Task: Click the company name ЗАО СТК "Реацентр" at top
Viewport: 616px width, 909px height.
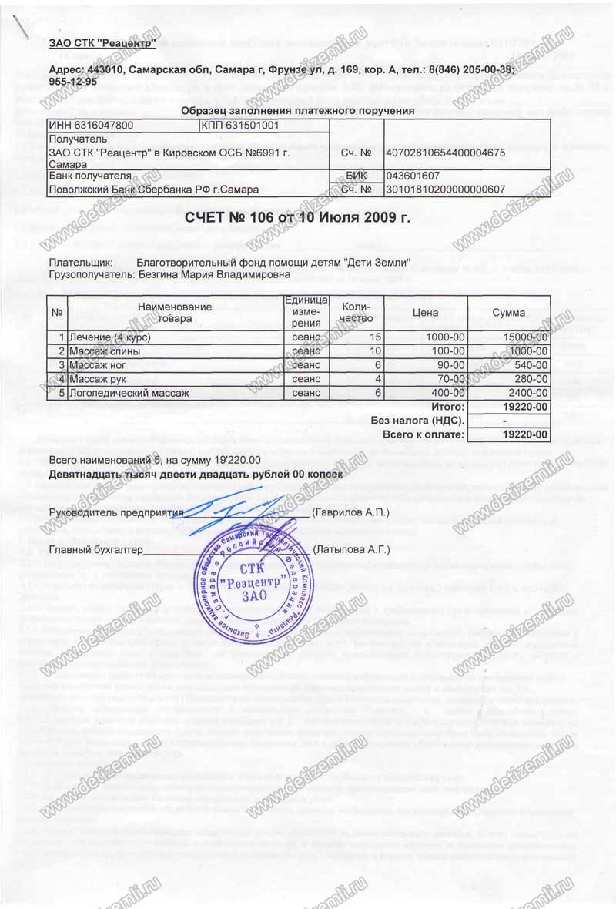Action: click(102, 43)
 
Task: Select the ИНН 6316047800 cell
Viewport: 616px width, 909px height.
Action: click(91, 125)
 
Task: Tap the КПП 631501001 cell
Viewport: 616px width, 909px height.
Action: click(239, 125)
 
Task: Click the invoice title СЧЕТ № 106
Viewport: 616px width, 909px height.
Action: click(308, 218)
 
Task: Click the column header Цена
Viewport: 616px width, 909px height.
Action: click(425, 313)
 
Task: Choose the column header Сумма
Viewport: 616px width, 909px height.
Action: click(508, 313)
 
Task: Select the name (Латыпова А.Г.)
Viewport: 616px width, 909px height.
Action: click(352, 549)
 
